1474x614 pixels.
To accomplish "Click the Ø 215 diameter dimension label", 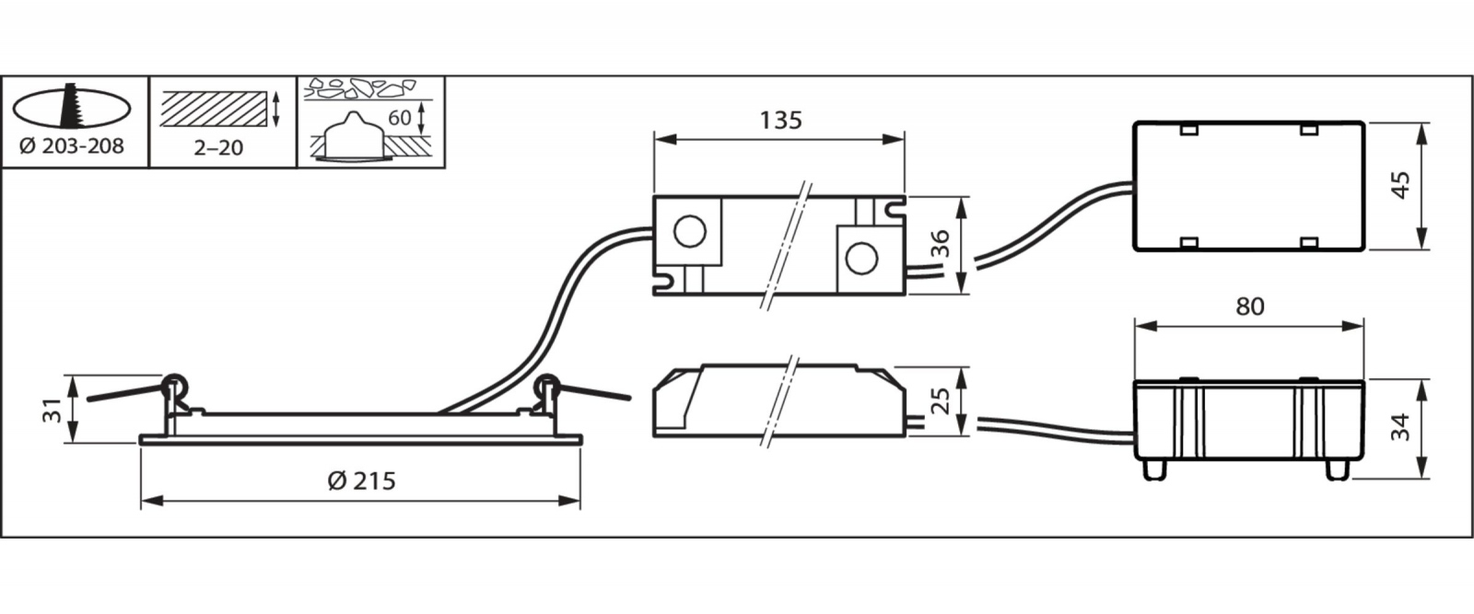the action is pos(361,481).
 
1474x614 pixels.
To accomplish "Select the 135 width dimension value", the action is pos(781,121).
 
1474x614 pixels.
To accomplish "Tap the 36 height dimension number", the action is pos(942,243).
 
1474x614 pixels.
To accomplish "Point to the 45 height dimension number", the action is pos(1401,185).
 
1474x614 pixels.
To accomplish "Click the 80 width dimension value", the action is pos(1249,307).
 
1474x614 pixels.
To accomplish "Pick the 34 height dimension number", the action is pos(1401,426).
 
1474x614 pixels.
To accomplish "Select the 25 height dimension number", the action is pos(942,401).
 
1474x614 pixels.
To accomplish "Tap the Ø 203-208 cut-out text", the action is pos(72,146).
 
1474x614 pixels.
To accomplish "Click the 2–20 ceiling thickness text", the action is pos(218,147).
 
